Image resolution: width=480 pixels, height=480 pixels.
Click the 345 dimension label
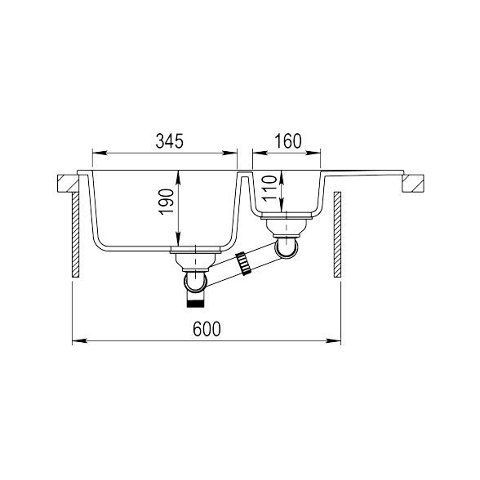coord(169,141)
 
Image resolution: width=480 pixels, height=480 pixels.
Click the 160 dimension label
coord(287,141)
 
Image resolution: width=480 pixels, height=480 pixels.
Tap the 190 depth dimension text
coord(167,202)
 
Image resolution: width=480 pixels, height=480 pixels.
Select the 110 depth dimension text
coord(269,189)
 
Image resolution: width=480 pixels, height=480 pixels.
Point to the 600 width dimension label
coord(207,329)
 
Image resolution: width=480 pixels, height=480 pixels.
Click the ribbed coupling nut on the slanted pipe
coord(243,263)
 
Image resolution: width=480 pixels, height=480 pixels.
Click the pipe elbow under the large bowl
coord(195,281)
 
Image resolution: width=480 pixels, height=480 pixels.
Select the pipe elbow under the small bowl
coord(287,247)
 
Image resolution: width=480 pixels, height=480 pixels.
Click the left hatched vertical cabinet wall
coord(76,235)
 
